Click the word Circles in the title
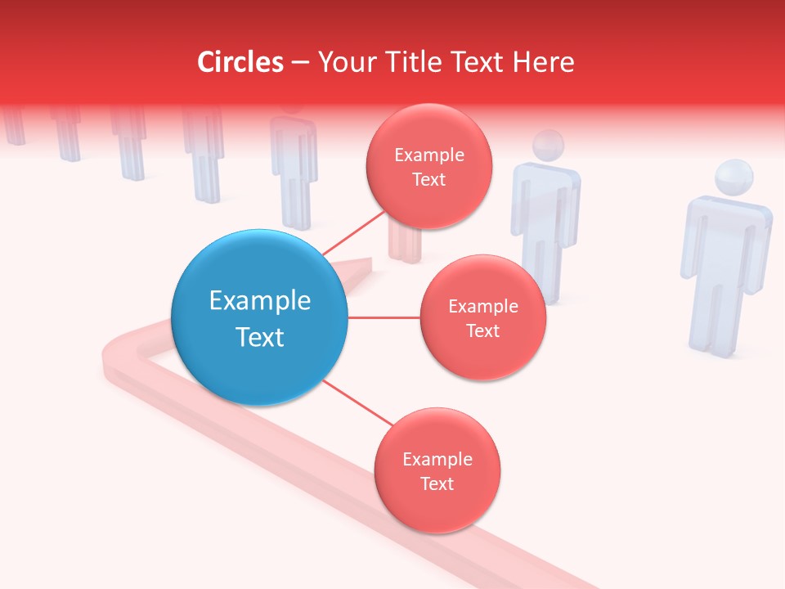240,62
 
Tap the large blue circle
259,317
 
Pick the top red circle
429,167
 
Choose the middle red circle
483,317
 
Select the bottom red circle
437,470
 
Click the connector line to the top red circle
353,232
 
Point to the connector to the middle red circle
384,317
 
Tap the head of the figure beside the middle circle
548,146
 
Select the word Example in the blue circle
259,301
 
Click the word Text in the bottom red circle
437,483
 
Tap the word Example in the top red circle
429,155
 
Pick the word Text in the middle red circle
482,330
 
